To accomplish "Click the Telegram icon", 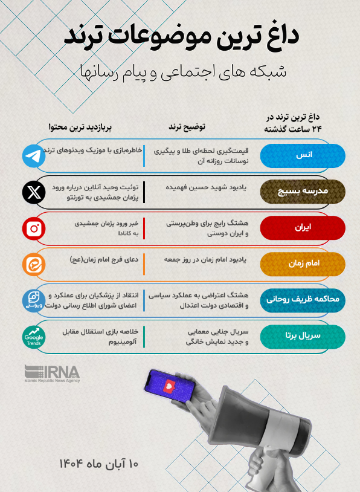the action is click(x=34, y=156).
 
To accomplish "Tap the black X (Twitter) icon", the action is click(x=34, y=192).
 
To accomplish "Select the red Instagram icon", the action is click(x=34, y=228).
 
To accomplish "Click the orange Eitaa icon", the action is click(x=34, y=264).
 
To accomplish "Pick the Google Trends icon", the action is click(x=34, y=336).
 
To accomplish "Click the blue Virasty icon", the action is click(x=34, y=300).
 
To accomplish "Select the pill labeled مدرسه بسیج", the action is click(x=303, y=192).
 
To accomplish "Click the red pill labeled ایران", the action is click(x=303, y=228).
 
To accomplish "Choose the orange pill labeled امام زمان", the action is click(x=303, y=264).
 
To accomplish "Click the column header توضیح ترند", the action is click(x=187, y=127).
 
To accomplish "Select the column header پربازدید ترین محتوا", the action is click(x=80, y=127).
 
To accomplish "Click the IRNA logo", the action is click(x=52, y=374).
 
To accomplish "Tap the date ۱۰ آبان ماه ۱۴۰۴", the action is click(x=99, y=464).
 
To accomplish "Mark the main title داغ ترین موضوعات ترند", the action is click(x=182, y=36).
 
